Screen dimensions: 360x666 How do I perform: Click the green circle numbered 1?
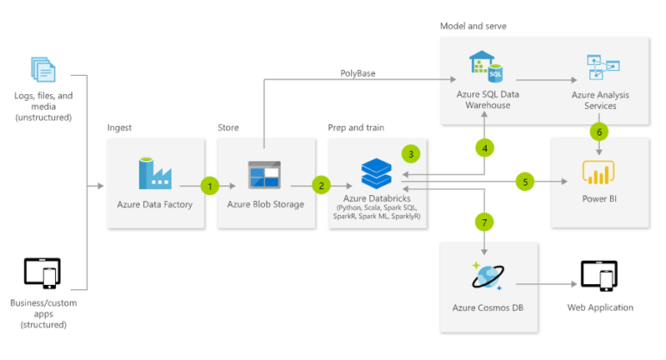click(x=212, y=185)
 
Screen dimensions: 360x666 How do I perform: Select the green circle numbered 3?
click(x=409, y=153)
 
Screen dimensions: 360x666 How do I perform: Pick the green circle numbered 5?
click(x=524, y=181)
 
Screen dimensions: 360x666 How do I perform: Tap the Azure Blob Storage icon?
click(x=265, y=175)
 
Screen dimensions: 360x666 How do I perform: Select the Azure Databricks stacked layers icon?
click(x=376, y=173)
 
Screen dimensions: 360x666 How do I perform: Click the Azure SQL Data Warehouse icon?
click(x=487, y=66)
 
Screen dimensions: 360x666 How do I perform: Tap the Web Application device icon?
click(x=598, y=276)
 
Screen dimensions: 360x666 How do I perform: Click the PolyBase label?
click(x=358, y=73)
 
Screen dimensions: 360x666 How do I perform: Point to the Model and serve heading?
click(x=473, y=26)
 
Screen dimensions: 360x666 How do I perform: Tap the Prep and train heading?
click(x=356, y=127)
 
